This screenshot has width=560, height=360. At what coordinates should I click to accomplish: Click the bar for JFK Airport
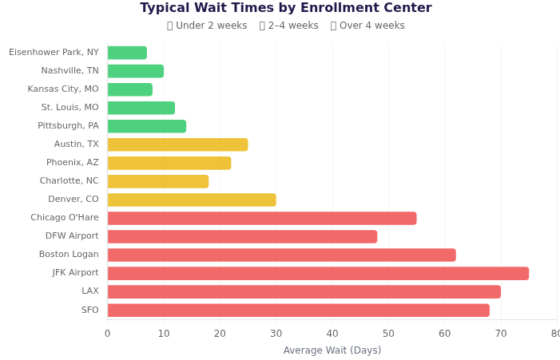[x=318, y=274]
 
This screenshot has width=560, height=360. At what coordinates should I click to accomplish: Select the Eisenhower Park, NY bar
[x=127, y=53]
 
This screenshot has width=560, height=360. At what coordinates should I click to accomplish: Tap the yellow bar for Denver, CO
[x=192, y=200]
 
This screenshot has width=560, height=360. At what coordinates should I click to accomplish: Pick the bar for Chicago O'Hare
[x=262, y=219]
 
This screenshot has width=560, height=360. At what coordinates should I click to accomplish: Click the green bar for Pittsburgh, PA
[x=147, y=126]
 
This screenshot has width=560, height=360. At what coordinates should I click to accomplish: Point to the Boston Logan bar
[x=281, y=255]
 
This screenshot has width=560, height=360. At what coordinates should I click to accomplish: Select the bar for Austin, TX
[x=177, y=144]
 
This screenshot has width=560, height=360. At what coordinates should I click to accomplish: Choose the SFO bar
[x=299, y=311]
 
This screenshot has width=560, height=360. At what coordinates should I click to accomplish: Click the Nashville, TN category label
[x=70, y=71]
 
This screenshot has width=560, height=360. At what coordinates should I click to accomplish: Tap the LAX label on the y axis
[x=89, y=291]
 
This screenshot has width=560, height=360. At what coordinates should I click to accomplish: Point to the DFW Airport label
[x=72, y=236]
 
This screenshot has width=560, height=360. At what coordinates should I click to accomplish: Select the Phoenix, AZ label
[x=72, y=163]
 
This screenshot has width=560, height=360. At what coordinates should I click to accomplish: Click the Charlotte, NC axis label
[x=69, y=181]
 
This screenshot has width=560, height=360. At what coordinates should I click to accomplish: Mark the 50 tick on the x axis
[x=388, y=334]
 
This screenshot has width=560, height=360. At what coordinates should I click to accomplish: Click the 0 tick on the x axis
[x=107, y=334]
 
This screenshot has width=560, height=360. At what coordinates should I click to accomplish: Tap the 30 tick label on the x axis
[x=276, y=334]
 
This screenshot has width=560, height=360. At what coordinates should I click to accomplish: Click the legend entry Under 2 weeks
[x=207, y=26]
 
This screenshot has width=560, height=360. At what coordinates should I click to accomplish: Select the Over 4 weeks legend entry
[x=367, y=26]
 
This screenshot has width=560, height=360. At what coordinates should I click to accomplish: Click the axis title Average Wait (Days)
[x=332, y=350]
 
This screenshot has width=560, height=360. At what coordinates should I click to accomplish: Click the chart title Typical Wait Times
[x=286, y=8]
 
